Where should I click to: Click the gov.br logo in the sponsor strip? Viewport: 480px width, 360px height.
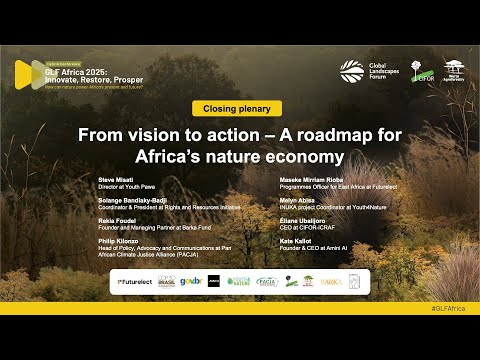click(x=191, y=282)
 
